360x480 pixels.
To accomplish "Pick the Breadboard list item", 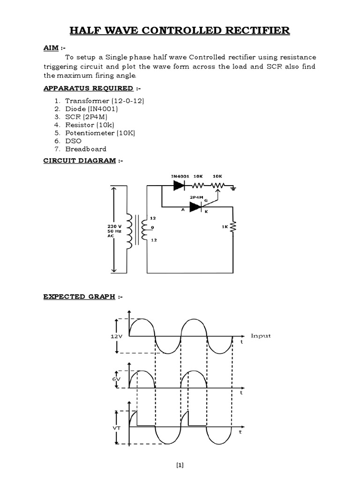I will [x=86, y=149].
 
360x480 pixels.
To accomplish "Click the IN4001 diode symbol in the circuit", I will [x=179, y=185].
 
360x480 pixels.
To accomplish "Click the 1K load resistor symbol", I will [x=233, y=228].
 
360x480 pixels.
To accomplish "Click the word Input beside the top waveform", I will [x=261, y=336].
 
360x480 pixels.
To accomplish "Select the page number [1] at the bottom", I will [x=180, y=465].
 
